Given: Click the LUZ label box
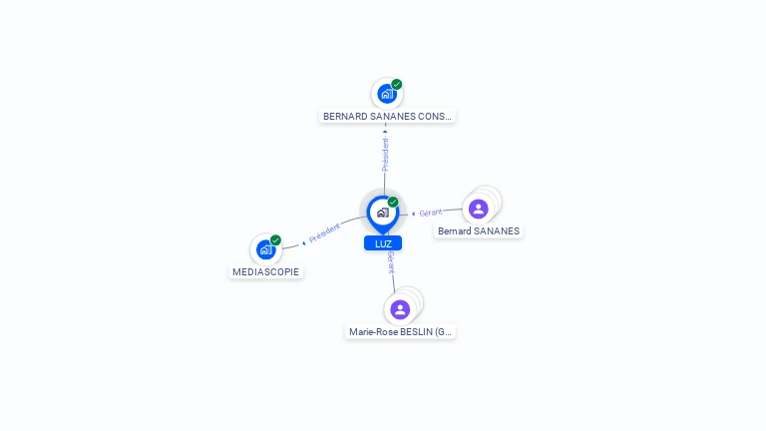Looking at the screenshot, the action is click(383, 243).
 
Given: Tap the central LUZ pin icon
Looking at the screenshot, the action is click(383, 214).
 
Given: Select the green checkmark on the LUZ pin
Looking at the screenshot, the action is click(393, 202).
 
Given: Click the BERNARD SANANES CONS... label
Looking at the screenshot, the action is click(387, 117).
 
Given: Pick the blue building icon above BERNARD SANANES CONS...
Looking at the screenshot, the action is click(387, 94).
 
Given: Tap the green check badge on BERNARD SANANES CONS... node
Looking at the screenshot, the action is click(397, 85).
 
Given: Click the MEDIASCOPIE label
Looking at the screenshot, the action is click(265, 271).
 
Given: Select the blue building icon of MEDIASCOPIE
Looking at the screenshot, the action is click(265, 249).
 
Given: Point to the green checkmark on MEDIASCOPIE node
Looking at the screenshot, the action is click(275, 240).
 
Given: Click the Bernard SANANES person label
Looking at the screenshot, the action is click(479, 231).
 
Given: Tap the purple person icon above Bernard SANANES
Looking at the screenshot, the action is click(479, 210).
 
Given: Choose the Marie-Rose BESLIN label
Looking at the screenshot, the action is click(400, 332).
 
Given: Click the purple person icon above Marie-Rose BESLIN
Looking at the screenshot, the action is click(400, 310).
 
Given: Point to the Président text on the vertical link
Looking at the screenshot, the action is click(385, 155).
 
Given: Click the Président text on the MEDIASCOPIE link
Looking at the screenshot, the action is click(324, 233).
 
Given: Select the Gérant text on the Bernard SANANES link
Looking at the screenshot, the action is click(431, 214).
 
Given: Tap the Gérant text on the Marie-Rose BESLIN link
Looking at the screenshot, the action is click(391, 263).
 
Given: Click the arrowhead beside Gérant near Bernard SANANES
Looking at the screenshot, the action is click(413, 215).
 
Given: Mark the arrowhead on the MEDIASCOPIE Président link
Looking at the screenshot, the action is click(304, 242).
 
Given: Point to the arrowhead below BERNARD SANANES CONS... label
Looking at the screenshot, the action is click(385, 132).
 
